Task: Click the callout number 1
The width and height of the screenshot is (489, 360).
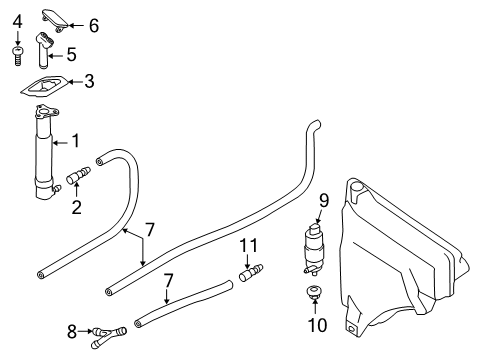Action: (74, 144)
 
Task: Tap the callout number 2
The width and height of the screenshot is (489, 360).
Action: (76, 209)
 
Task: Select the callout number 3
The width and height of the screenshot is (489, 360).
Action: (89, 81)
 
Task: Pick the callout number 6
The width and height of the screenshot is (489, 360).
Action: (93, 24)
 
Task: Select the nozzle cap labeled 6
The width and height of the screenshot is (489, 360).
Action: (58, 16)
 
